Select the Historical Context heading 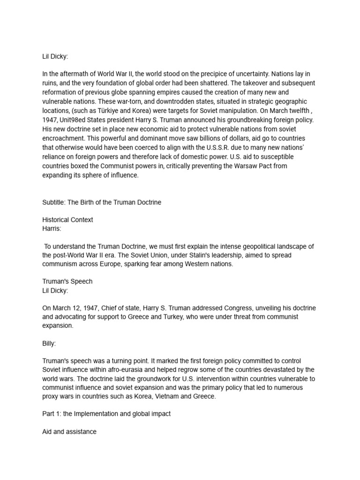point(67,220)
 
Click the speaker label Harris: point(52,228)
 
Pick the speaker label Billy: point(49,343)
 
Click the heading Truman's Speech point(67,281)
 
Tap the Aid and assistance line point(69,431)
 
